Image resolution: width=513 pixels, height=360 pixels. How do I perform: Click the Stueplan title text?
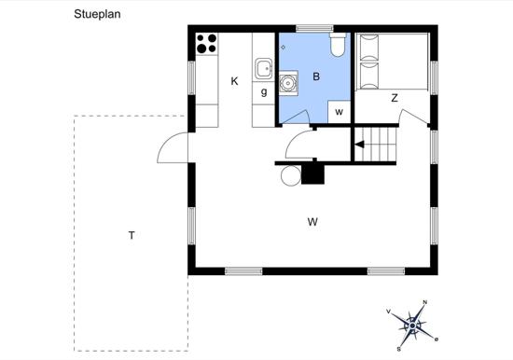tap(97, 14)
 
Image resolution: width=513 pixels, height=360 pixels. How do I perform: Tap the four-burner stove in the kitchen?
tap(207, 44)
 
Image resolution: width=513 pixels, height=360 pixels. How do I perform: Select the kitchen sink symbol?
tap(263, 68)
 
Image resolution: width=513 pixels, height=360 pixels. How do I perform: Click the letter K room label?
tap(234, 81)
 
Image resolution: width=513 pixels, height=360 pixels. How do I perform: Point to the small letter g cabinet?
tap(263, 93)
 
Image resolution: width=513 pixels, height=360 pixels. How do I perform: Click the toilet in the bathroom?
tap(338, 45)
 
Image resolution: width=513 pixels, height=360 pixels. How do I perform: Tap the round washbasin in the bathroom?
tap(288, 83)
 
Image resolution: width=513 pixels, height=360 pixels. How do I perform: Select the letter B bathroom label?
tap(316, 76)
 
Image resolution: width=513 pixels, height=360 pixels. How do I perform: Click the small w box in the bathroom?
tap(340, 112)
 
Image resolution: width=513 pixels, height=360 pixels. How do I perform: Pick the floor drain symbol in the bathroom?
tap(283, 48)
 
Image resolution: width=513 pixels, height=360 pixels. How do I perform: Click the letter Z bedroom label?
tap(395, 98)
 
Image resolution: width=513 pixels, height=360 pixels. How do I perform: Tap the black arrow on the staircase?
tap(359, 145)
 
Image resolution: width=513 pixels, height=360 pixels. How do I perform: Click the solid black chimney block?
tap(312, 173)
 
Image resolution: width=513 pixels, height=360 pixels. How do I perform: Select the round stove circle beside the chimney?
tap(291, 175)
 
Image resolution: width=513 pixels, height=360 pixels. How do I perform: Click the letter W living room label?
tap(312, 222)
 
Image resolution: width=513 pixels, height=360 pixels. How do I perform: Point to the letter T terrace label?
tap(132, 235)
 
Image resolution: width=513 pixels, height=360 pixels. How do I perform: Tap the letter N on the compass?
tap(425, 302)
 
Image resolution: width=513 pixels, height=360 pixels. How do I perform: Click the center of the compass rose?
tap(412, 326)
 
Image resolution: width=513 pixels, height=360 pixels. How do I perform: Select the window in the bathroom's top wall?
tap(314, 29)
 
